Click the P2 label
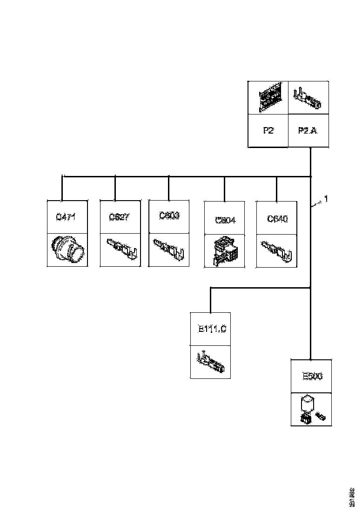pyautogui.click(x=268, y=131)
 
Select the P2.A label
pyautogui.click(x=308, y=131)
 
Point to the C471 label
pyautogui.click(x=66, y=217)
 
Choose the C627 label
pyautogui.click(x=120, y=217)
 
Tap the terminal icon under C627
pyautogui.click(x=121, y=249)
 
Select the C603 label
pyautogui.click(x=168, y=216)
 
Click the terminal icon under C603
pyautogui.click(x=168, y=249)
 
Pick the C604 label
pyautogui.click(x=225, y=220)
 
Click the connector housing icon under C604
pyautogui.click(x=225, y=251)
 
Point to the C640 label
pyautogui.click(x=277, y=219)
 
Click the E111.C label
pyautogui.click(x=212, y=330)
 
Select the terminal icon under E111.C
pyautogui.click(x=211, y=362)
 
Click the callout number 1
pyautogui.click(x=326, y=199)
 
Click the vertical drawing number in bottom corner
pyautogui.click(x=353, y=498)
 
